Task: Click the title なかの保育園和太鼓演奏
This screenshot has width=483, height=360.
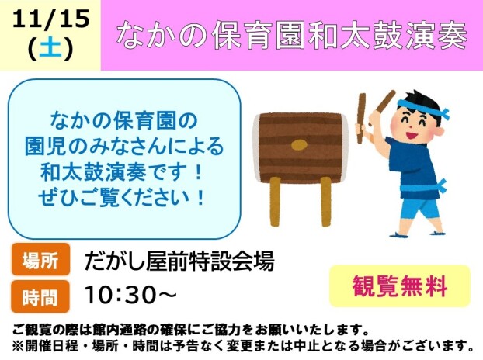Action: click(x=291, y=36)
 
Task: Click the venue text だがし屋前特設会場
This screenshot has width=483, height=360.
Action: click(x=179, y=261)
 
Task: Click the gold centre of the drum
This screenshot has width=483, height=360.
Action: click(x=299, y=145)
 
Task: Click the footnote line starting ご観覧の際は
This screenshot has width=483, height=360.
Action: click(x=190, y=329)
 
